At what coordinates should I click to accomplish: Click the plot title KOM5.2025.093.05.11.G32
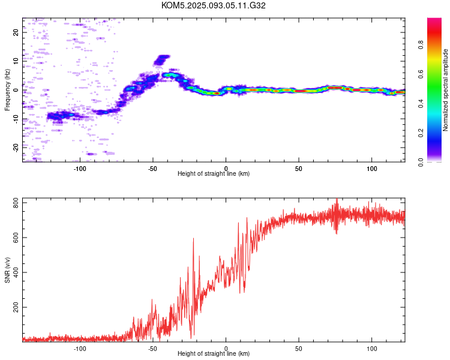(213, 5)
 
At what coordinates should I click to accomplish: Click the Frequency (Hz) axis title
(7, 90)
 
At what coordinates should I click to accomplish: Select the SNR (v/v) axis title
(7, 270)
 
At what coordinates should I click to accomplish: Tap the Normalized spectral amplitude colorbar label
(445, 90)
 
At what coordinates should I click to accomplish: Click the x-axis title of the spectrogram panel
(214, 173)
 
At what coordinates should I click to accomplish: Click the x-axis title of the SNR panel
(214, 353)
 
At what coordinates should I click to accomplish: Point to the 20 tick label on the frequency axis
(16, 32)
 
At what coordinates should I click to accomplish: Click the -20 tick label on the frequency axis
(16, 148)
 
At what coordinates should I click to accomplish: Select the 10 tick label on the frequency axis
(16, 61)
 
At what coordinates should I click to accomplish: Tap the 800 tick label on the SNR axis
(16, 203)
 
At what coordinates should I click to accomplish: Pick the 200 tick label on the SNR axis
(16, 307)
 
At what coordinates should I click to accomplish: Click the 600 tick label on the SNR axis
(16, 238)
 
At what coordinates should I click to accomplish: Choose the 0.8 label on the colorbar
(421, 45)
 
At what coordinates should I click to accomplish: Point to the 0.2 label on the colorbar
(421, 133)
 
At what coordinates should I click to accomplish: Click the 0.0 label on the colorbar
(421, 162)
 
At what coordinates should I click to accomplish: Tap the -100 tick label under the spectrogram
(80, 169)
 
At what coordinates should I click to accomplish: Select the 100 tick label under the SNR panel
(371, 349)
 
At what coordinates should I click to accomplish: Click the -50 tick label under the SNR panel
(152, 349)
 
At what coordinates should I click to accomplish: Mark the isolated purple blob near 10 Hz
(161, 60)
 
